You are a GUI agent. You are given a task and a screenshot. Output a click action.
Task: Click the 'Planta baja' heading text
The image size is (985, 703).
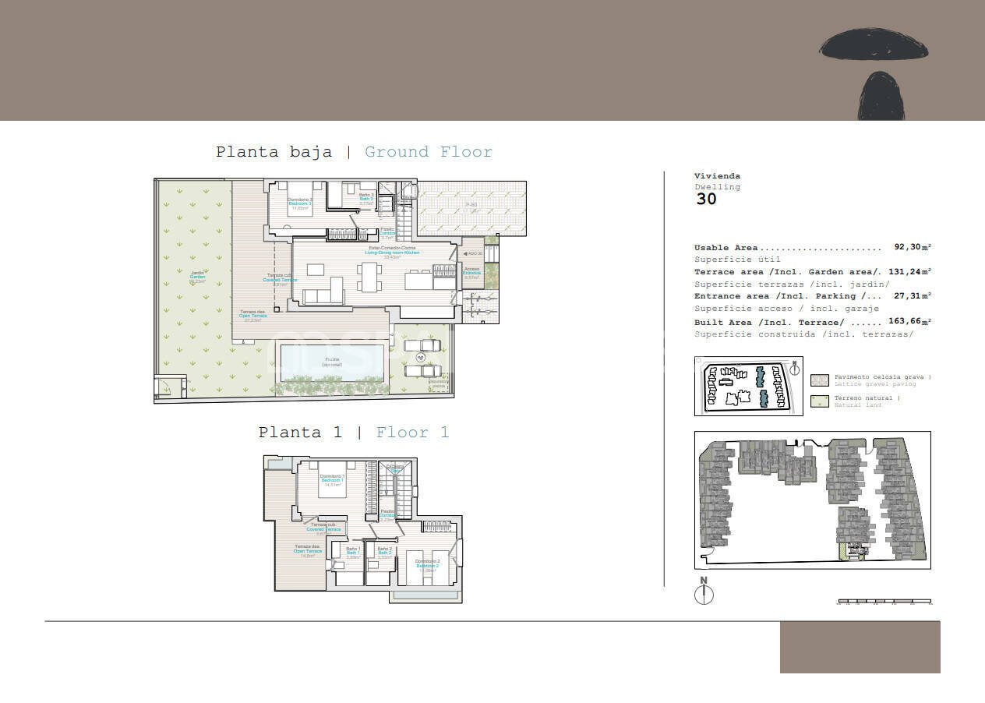274,152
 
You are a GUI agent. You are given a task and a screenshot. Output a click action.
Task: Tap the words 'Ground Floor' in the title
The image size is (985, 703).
429,152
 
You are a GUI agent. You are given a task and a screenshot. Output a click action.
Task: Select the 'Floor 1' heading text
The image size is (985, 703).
412,433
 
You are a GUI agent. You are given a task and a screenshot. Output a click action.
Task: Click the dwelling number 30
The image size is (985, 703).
705,199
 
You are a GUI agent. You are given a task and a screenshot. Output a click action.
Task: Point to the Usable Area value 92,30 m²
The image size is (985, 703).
913,247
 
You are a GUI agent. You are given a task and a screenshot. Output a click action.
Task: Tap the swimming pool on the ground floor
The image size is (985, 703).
332,361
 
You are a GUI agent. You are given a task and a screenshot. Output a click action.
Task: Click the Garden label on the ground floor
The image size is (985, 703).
197,277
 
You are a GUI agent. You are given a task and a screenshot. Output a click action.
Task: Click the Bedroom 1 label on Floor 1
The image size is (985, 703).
333,479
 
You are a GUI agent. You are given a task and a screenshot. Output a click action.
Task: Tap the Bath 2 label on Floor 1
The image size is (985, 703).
384,552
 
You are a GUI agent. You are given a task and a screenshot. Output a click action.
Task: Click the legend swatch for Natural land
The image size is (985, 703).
820,401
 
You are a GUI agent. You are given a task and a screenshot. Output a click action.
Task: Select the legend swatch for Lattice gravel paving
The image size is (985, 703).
820,380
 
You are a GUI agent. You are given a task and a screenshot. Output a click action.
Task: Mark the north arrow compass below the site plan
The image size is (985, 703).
704,594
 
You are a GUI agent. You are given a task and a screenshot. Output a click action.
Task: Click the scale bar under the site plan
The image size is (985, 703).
884,602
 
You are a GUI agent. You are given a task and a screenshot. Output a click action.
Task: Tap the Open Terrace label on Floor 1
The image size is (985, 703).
307,550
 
